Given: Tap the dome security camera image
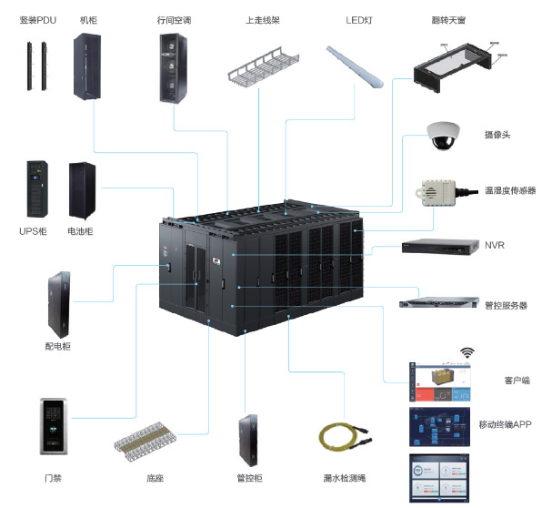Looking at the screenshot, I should [441, 137].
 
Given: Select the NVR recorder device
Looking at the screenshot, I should [440, 247].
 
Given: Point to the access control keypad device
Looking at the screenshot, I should [52, 426].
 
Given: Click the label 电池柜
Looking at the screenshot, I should [80, 231].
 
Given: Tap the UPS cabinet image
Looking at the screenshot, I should [37, 188].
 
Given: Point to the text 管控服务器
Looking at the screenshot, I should [507, 306].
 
